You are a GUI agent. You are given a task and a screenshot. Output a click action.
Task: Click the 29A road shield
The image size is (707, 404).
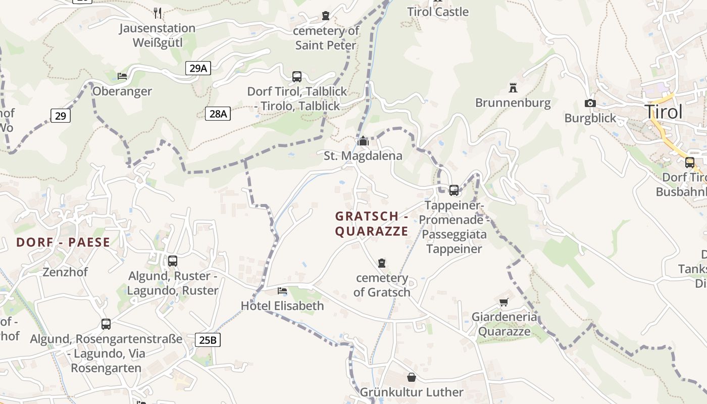pyautogui.click(x=198, y=68)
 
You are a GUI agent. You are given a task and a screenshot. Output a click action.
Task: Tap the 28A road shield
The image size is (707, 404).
pyautogui.click(x=218, y=114)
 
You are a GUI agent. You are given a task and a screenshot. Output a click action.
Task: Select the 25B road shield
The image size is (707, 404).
pyautogui.click(x=208, y=340)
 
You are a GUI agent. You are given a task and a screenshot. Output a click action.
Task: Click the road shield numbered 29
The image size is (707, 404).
pyautogui.click(x=60, y=116)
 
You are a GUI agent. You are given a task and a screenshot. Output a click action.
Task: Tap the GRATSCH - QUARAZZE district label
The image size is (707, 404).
pyautogui.click(x=372, y=224)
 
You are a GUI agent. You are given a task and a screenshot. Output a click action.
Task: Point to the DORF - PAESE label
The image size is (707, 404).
pyautogui.click(x=63, y=242)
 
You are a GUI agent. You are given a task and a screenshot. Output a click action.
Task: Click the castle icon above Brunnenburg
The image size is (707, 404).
pyautogui.click(x=513, y=88)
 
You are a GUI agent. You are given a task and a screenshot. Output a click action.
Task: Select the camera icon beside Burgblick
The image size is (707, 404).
pyautogui.click(x=590, y=103)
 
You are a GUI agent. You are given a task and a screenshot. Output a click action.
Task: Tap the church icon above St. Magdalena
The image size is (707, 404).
pyautogui.click(x=363, y=141)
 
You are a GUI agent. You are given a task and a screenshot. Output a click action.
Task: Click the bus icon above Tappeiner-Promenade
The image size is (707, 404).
pyautogui.click(x=454, y=190)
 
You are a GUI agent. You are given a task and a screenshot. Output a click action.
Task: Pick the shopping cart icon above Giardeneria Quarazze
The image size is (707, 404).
pyautogui.click(x=503, y=302)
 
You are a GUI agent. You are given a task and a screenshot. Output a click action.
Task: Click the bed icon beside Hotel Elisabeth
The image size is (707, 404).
pyautogui.click(x=282, y=291)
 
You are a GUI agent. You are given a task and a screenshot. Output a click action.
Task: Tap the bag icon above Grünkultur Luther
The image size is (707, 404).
pyautogui.click(x=412, y=377)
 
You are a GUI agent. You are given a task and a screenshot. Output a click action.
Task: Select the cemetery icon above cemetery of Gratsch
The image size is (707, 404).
pyautogui.click(x=382, y=263)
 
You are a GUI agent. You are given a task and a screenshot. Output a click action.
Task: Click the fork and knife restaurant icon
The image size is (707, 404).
pyautogui.click(x=158, y=13)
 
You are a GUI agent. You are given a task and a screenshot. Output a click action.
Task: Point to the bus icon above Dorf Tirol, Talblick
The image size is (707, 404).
pyautogui.click(x=297, y=77)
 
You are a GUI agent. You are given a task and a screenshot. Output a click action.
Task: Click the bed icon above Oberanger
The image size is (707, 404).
pyautogui.click(x=122, y=76)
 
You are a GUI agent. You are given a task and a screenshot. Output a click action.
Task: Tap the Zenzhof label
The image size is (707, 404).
pyautogui.click(x=65, y=272)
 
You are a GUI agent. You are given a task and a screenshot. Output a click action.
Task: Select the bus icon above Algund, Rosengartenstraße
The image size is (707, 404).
pyautogui.click(x=106, y=324)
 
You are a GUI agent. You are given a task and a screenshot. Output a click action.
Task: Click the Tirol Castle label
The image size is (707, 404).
pyautogui.click(x=438, y=12)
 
